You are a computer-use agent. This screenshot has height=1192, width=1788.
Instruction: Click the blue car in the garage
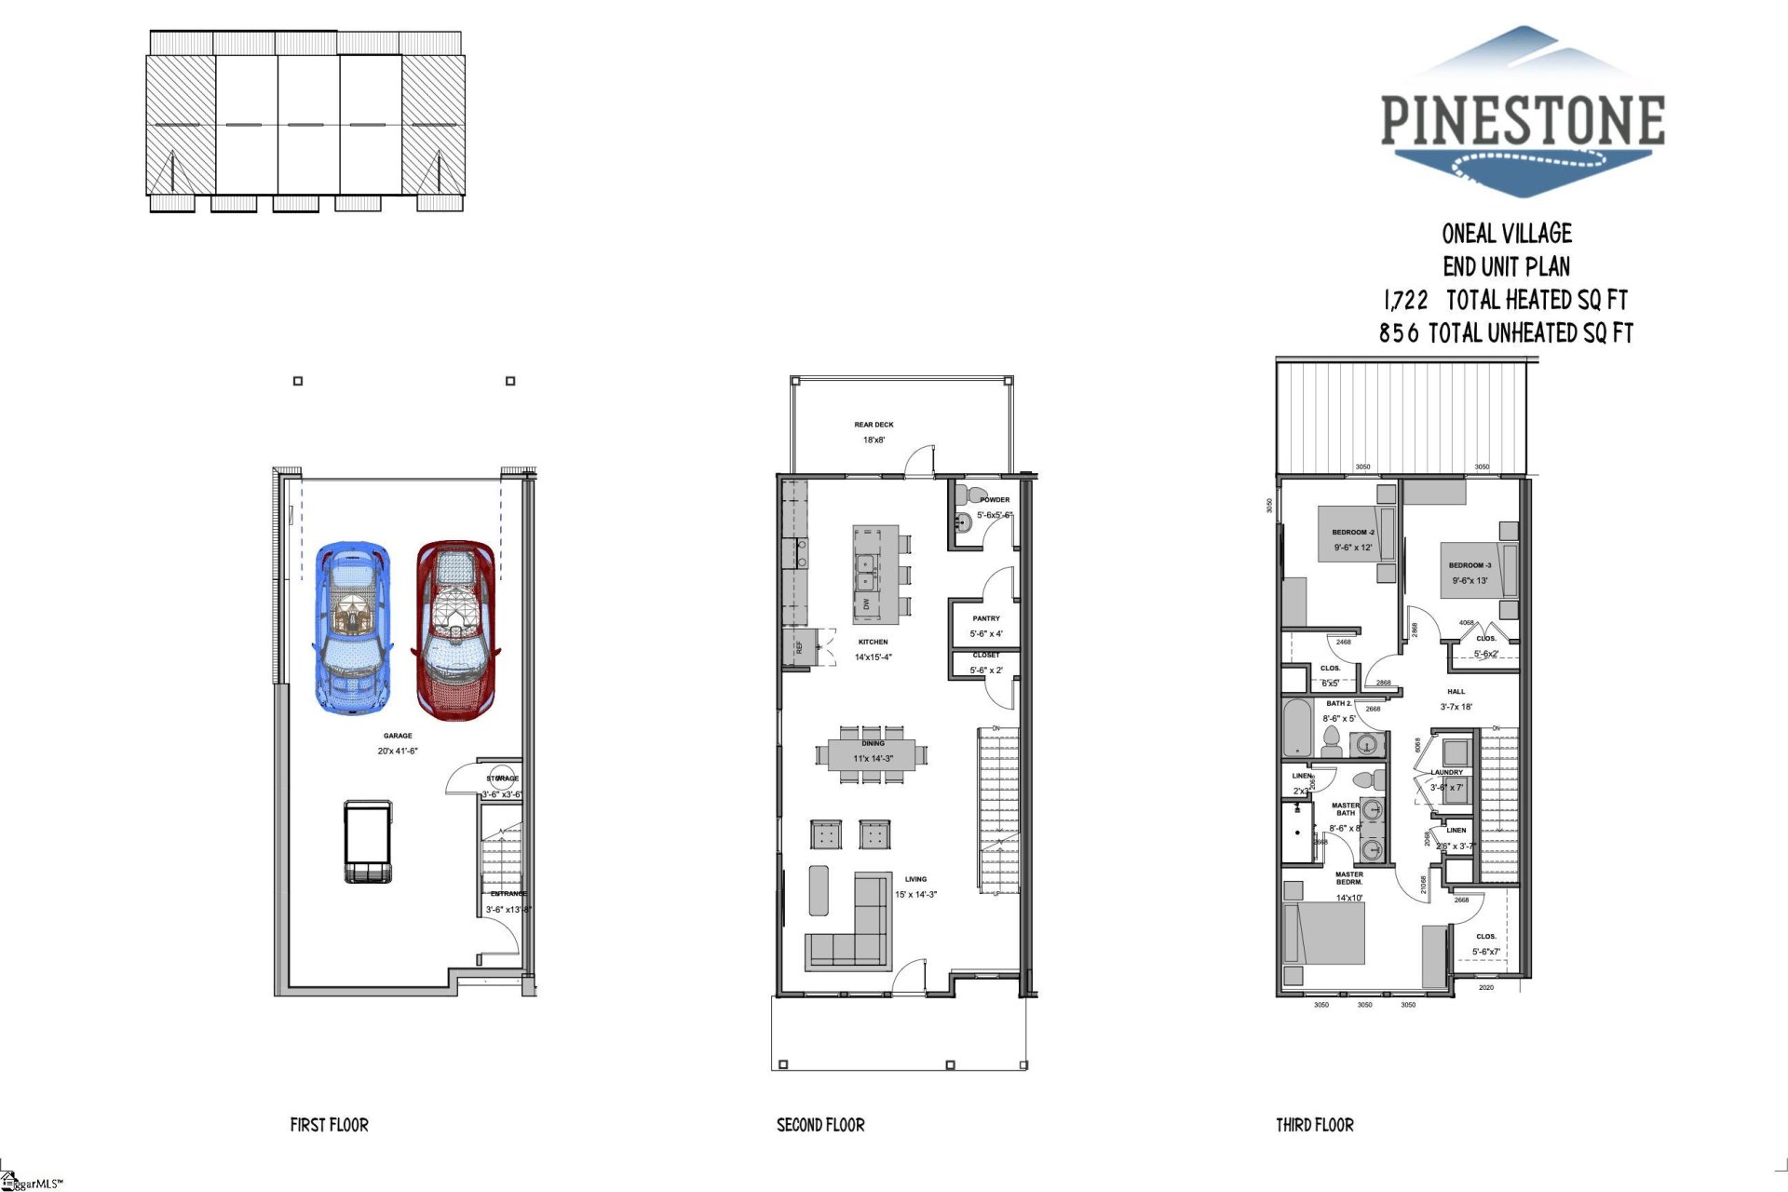(x=352, y=629)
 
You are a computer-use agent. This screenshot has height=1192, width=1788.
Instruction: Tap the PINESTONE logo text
(x=1522, y=121)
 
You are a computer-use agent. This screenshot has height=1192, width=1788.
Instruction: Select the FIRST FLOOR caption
(x=329, y=1125)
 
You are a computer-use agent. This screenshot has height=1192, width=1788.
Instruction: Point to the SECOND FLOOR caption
(x=820, y=1125)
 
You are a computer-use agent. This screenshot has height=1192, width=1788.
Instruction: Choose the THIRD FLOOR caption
(x=1314, y=1125)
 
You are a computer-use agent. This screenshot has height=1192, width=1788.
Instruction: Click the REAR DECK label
(x=874, y=425)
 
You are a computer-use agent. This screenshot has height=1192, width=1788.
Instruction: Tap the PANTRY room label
(x=986, y=618)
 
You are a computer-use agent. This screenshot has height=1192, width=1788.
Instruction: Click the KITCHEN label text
(x=873, y=642)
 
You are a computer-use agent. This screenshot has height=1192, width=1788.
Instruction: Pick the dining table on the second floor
(x=873, y=753)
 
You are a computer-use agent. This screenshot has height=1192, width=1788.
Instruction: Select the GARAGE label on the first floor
(x=398, y=736)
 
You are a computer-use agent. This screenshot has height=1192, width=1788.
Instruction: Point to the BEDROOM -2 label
(x=1352, y=533)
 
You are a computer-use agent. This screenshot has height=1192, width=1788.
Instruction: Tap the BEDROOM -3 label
(x=1470, y=565)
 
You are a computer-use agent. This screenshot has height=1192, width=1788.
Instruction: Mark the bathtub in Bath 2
(x=1295, y=728)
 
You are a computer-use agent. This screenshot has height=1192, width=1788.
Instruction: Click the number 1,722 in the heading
(x=1405, y=301)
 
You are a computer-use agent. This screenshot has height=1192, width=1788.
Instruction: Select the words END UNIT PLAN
(x=1506, y=267)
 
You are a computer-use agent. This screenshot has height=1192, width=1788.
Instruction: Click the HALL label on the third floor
(x=1456, y=692)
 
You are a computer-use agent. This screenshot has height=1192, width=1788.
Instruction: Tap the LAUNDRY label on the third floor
(x=1446, y=772)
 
